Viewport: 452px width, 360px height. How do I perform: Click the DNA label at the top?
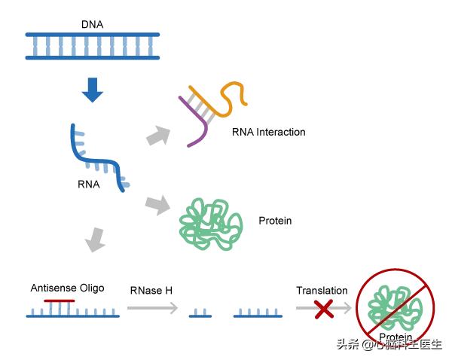92,24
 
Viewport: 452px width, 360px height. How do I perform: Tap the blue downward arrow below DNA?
92,90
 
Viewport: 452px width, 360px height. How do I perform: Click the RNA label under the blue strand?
87,183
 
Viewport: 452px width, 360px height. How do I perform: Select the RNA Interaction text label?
268,132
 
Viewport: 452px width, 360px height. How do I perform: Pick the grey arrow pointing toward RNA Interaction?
157,136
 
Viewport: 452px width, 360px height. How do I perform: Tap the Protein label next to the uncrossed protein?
275,221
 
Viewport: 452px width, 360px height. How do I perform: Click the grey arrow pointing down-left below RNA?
94,240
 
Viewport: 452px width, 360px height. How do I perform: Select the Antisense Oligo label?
67,288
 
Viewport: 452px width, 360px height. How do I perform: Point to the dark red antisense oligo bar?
60,301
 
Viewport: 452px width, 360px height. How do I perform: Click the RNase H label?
151,290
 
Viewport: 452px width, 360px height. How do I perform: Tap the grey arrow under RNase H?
151,308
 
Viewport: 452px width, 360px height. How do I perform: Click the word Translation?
322,291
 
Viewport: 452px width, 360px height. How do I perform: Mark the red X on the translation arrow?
325,307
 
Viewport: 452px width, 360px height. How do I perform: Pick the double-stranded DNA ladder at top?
92,45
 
